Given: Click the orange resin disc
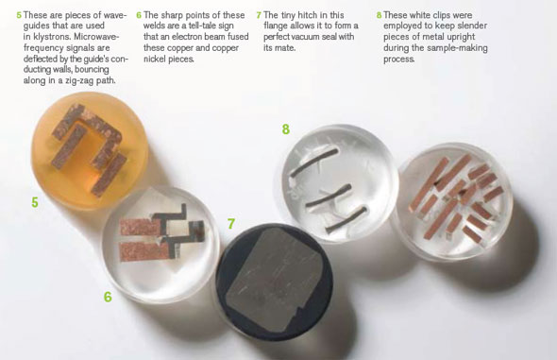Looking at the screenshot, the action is click(x=90, y=150).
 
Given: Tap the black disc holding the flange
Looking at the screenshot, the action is click(x=274, y=282).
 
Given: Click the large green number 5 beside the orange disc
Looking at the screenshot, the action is click(x=35, y=202).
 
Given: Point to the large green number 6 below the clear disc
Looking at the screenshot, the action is click(x=108, y=297).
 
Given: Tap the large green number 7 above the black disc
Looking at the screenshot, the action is click(x=231, y=224).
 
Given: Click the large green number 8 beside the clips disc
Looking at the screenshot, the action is click(x=286, y=129).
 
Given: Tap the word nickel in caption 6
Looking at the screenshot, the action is click(x=155, y=59).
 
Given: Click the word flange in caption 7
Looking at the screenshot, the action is click(x=276, y=26).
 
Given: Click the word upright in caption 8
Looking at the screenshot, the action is click(x=461, y=37).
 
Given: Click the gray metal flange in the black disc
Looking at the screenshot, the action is click(x=274, y=280).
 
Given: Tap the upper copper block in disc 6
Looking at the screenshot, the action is click(x=140, y=227).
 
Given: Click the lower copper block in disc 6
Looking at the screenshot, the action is click(x=142, y=251).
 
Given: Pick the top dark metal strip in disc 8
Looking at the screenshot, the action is click(x=313, y=163).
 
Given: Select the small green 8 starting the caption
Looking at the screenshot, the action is click(x=379, y=15).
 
